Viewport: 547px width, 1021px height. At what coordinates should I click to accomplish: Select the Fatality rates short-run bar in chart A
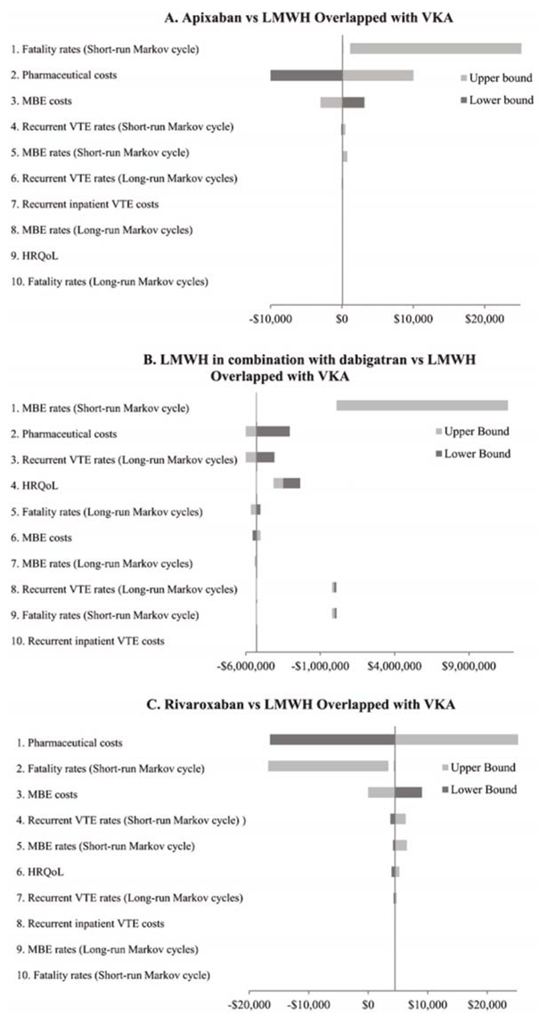[x=435, y=48]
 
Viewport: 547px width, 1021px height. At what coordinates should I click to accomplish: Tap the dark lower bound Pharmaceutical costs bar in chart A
[x=306, y=76]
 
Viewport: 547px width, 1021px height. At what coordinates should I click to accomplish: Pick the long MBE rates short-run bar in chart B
[x=421, y=406]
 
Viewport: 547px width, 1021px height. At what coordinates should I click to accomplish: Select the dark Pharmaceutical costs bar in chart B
[x=273, y=432]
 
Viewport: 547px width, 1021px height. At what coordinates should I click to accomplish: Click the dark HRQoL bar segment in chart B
[x=291, y=482]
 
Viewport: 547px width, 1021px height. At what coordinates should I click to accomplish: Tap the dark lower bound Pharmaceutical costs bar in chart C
[x=331, y=740]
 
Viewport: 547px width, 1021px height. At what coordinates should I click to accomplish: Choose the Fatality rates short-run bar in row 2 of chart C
[x=328, y=766]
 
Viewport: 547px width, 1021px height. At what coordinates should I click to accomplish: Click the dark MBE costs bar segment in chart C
[x=408, y=792]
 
